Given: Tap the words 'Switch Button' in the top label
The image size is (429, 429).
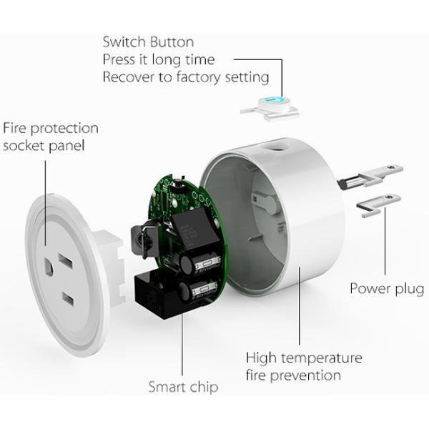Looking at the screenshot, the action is [148, 42].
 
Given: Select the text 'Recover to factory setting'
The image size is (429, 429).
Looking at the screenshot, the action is [186, 77].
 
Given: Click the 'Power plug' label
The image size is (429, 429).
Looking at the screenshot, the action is [387, 289].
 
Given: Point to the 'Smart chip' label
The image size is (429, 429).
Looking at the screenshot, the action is [183, 387].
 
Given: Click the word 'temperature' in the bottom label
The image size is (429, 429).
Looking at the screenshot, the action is [322, 358].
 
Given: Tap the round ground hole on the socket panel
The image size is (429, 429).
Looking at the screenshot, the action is [49, 267].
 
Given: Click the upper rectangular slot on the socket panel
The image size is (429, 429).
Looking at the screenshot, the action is [65, 261].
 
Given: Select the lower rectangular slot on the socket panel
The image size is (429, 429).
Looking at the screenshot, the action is [68, 299].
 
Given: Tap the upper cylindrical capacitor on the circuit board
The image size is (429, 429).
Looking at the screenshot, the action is [199, 263].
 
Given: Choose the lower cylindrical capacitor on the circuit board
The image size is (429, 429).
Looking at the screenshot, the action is [197, 290].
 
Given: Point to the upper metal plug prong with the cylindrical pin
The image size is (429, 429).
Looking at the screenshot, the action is [370, 176].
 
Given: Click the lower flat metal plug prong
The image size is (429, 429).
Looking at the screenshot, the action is [379, 205].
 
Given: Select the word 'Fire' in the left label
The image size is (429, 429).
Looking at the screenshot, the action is [15, 128].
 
